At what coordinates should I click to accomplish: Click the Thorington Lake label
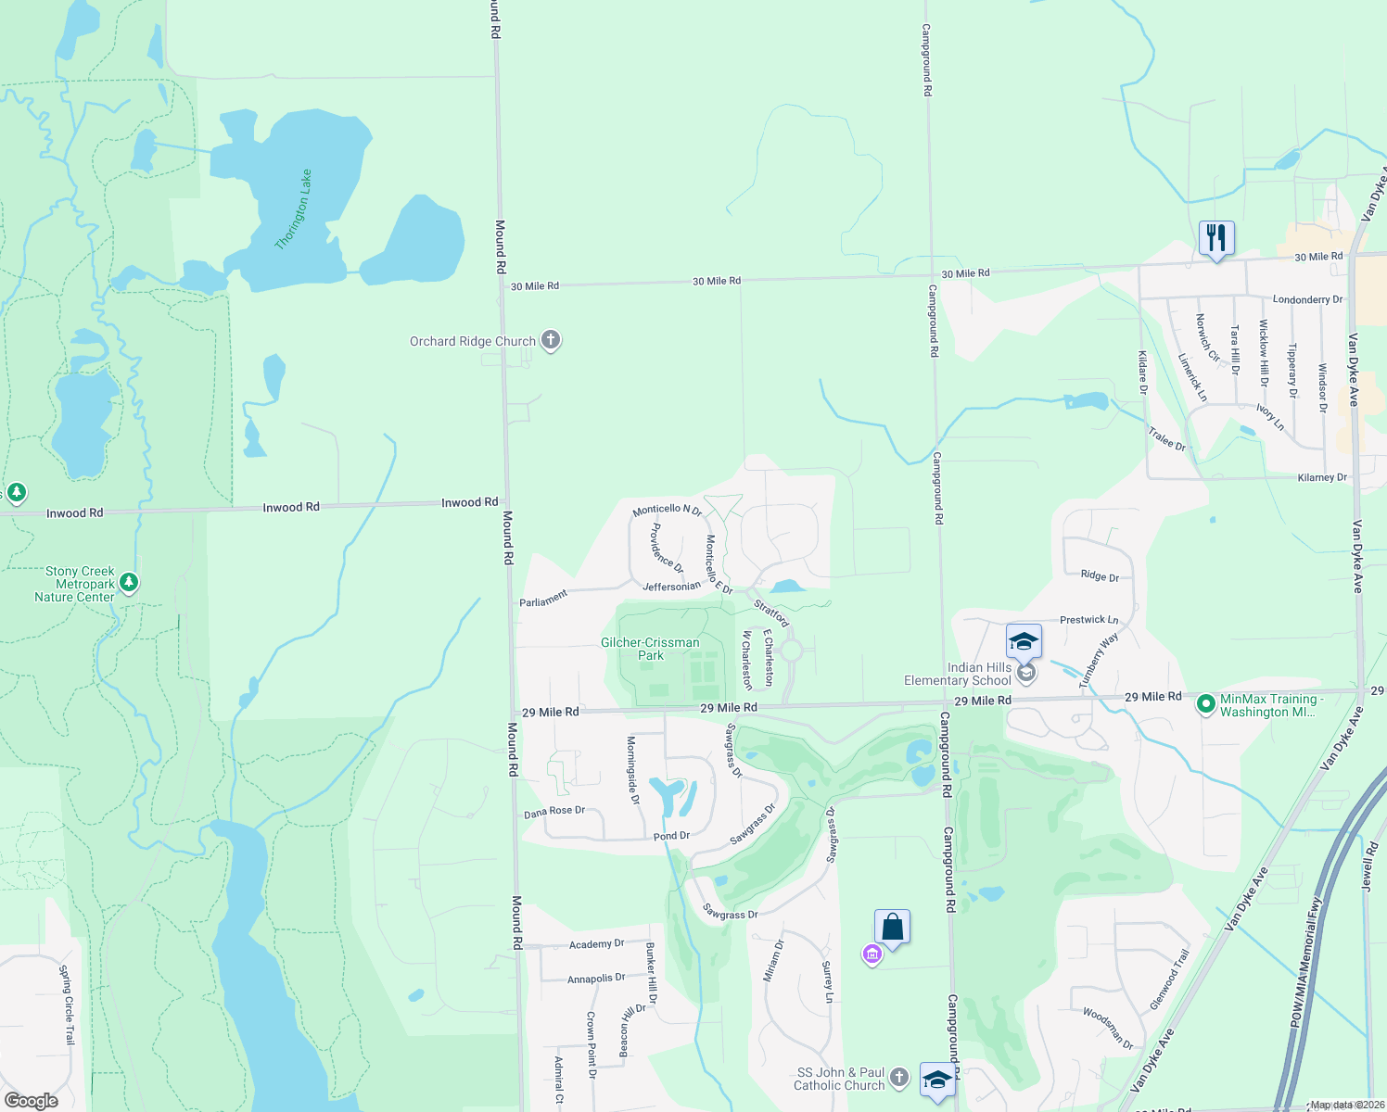coord(294,209)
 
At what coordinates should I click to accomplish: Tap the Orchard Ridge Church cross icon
coord(551,340)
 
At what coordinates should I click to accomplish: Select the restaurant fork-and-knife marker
coord(1215,238)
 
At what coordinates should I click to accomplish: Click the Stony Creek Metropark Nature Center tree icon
coord(129,583)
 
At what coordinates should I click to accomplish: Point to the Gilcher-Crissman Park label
coord(650,649)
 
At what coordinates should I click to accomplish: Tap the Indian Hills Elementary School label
coord(958,674)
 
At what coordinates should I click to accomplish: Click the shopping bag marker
coord(892,927)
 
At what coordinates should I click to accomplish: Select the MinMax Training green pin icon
coord(1205,704)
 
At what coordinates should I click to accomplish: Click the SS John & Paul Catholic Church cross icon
coord(898,1077)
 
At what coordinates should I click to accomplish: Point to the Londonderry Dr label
coord(1307,299)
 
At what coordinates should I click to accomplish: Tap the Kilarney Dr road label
coord(1322,477)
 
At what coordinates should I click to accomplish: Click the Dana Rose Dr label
coord(554,812)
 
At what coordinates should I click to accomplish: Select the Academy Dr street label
coord(596,944)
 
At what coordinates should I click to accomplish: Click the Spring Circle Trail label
coord(66,1005)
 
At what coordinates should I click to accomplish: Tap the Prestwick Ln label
coord(1088,619)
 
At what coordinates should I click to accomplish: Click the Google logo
coord(31,1100)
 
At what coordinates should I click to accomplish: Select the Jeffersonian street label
coord(671,586)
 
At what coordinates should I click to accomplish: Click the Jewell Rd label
coord(1368,866)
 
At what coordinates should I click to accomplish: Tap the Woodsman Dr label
coord(1108,1029)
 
